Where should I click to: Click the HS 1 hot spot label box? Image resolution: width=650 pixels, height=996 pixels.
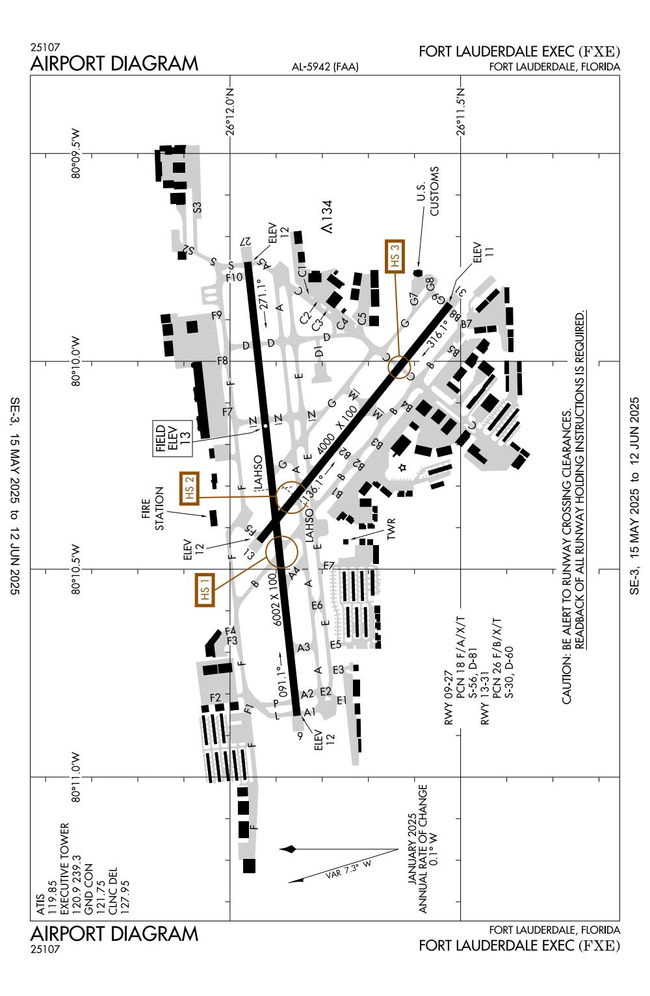click(205, 589)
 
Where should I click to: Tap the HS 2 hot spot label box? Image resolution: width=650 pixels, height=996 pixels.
click(189, 488)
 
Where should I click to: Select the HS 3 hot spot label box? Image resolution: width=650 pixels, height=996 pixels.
click(395, 256)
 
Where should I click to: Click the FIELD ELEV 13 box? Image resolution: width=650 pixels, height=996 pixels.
click(173, 439)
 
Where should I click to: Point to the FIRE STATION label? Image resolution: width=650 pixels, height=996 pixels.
click(153, 509)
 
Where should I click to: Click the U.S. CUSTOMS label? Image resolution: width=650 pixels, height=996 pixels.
click(428, 191)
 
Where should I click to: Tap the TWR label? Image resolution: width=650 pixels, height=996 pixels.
click(391, 529)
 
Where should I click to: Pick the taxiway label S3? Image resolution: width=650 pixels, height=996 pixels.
click(197, 208)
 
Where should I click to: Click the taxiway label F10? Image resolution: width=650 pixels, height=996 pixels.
click(234, 277)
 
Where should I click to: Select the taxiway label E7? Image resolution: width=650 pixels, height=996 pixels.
click(329, 566)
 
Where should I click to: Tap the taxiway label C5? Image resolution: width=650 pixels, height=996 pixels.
click(363, 318)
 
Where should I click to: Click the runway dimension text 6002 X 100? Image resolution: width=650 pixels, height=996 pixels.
click(276, 600)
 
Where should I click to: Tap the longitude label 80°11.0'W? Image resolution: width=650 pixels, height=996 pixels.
click(76, 778)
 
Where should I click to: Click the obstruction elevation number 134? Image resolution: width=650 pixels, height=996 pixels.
click(328, 211)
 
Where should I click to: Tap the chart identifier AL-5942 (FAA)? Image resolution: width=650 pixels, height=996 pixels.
click(325, 67)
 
